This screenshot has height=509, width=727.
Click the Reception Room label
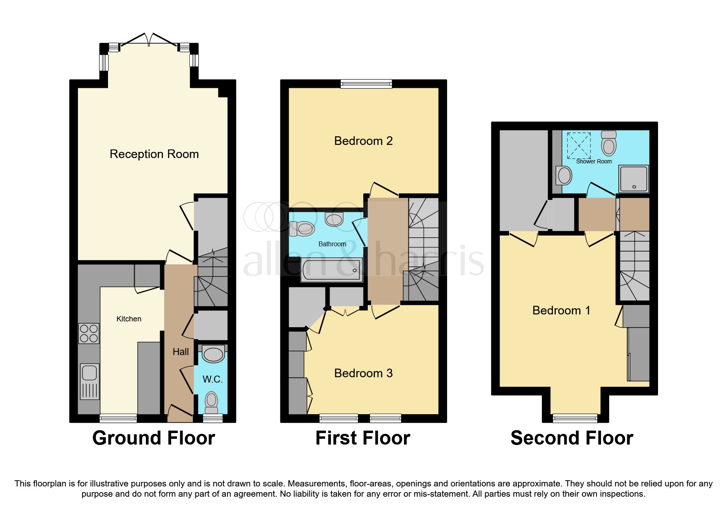pyautogui.click(x=154, y=154)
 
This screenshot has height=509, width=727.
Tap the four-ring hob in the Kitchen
pyautogui.click(x=89, y=333)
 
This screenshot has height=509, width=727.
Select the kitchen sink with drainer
pyautogui.click(x=89, y=381)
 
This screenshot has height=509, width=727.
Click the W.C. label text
pyautogui.click(x=212, y=379)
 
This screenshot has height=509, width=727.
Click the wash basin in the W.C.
pyautogui.click(x=213, y=354)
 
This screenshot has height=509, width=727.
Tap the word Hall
pyautogui.click(x=181, y=352)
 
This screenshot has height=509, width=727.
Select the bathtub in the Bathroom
pyautogui.click(x=332, y=270)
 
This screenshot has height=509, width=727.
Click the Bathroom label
pyautogui.click(x=332, y=244)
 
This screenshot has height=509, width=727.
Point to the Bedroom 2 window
pyautogui.click(x=366, y=84)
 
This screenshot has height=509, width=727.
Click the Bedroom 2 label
pyautogui.click(x=363, y=141)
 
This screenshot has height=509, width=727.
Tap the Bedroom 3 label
pyautogui.click(x=363, y=373)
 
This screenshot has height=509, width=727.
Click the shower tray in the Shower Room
pyautogui.click(x=634, y=179)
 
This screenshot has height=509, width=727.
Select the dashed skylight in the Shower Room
pyautogui.click(x=579, y=145)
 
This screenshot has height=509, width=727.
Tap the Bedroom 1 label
pyautogui.click(x=561, y=310)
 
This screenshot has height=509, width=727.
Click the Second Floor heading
pyautogui.click(x=571, y=438)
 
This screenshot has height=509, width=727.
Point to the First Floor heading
pyautogui.click(x=362, y=438)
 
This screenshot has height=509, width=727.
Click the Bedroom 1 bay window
pyautogui.click(x=575, y=418)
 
